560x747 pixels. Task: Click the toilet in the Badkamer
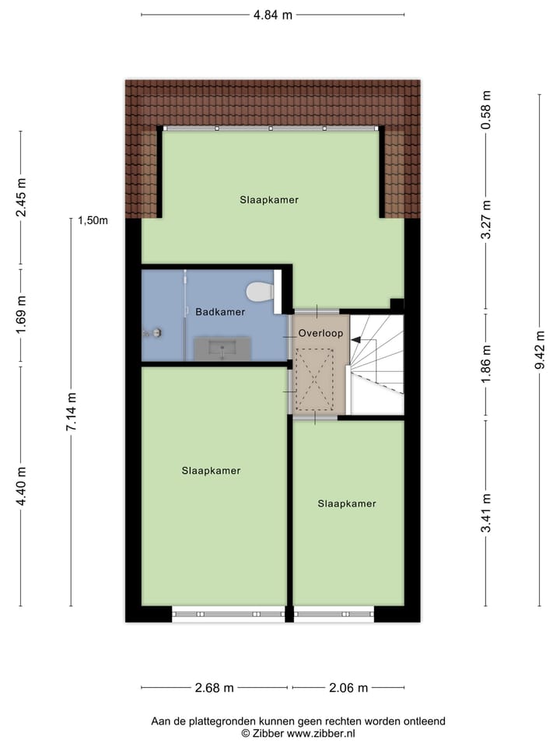(260, 292)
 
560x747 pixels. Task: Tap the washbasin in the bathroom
(222, 349)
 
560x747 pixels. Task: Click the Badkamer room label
(220, 312)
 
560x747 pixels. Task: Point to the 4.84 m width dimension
(272, 14)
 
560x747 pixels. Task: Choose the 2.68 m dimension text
(214, 688)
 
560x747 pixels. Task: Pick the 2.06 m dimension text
(348, 688)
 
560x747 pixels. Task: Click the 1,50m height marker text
(92, 220)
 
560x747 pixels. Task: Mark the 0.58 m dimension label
(486, 110)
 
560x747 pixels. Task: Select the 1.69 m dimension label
(21, 315)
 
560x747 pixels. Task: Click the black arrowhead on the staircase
(355, 339)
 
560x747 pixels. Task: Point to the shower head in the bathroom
(153, 333)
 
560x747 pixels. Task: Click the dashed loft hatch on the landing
(314, 379)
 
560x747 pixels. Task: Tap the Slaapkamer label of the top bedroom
(269, 200)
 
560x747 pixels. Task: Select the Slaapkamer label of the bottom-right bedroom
(347, 503)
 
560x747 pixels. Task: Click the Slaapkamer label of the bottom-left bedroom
(211, 471)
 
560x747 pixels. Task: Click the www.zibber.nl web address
(320, 733)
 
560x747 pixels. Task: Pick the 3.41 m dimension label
(486, 514)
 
